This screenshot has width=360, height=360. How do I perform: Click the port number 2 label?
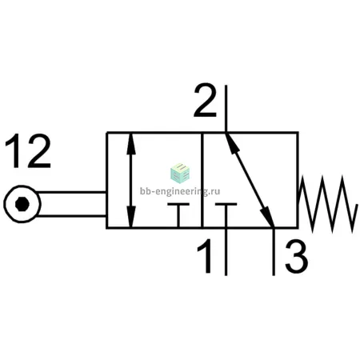click(x=205, y=101)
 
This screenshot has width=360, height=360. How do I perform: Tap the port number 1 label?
click(x=206, y=256)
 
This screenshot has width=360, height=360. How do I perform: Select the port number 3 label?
click(x=296, y=257)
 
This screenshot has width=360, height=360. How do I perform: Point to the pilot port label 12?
click(x=28, y=151)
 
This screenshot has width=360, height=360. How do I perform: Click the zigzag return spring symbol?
click(x=328, y=204)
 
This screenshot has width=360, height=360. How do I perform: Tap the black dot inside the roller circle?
click(x=22, y=204)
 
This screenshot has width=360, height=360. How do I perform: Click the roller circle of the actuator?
click(x=22, y=204)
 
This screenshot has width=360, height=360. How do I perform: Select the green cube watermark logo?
click(x=180, y=174)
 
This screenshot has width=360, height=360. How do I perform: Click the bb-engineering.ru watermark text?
click(x=180, y=191)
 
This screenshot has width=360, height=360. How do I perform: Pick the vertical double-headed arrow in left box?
click(x=130, y=180)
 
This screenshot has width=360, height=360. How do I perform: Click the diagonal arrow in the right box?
click(x=250, y=180)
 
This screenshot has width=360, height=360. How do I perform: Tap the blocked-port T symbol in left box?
click(x=178, y=215)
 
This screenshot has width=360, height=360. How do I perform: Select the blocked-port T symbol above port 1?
click(x=226, y=215)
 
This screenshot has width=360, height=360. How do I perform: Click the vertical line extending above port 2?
click(x=226, y=109)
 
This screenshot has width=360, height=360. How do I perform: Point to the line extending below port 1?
click(x=226, y=252)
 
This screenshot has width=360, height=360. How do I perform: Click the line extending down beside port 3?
click(x=274, y=252)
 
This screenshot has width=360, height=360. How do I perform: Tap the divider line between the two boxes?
click(x=202, y=180)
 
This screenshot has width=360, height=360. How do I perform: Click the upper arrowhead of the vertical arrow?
click(x=131, y=144)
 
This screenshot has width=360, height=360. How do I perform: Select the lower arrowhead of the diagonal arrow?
click(x=268, y=218)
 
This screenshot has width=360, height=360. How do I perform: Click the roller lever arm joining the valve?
click(x=71, y=204)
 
